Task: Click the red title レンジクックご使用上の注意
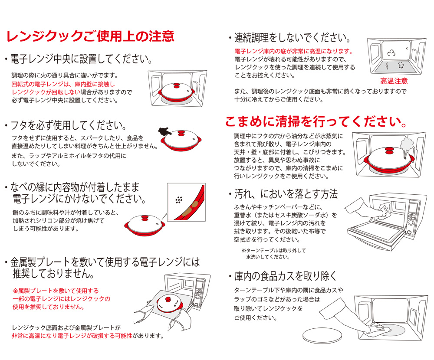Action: [90, 36]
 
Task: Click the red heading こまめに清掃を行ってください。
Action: [316, 122]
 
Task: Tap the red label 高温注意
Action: [394, 81]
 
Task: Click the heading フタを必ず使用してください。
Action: [69, 125]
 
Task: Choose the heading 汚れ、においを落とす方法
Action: [286, 194]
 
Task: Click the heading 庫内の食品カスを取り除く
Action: [286, 276]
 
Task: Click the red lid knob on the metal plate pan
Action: [168, 299]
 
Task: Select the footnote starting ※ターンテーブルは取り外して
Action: [273, 253]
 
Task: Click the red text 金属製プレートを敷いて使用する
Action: [56, 291]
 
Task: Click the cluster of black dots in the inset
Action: [179, 200]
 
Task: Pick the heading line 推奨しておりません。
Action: [53, 273]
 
